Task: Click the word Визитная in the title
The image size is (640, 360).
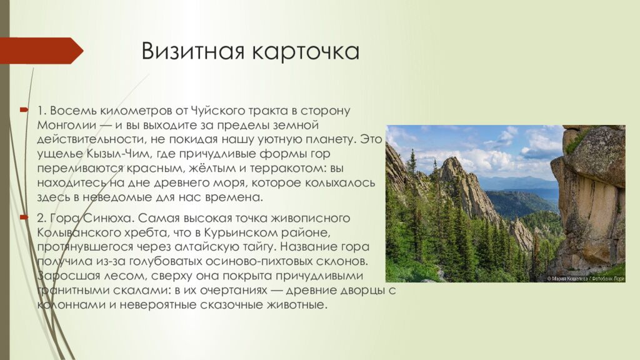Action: [x=192, y=51]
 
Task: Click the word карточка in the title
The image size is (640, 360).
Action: [x=306, y=51]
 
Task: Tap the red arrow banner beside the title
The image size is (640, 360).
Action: [x=41, y=51]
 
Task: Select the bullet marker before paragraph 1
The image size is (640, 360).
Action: [x=23, y=110]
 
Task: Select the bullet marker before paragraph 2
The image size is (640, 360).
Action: [x=23, y=217]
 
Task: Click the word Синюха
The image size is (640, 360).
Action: [x=110, y=217]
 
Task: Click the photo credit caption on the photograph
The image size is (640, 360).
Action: [x=586, y=278]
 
